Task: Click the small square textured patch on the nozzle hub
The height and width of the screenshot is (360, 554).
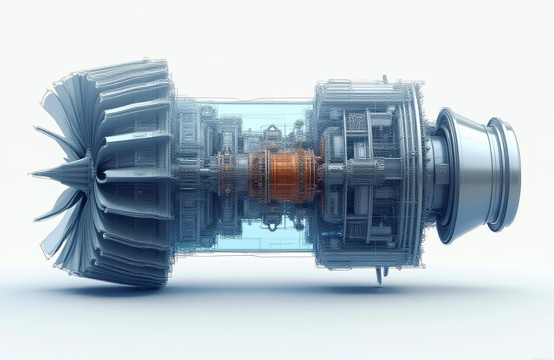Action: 442,174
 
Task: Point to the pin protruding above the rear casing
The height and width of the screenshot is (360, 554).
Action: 384,78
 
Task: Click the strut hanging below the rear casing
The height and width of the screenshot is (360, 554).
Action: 379,275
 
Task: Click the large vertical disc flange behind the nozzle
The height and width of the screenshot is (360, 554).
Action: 418,173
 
